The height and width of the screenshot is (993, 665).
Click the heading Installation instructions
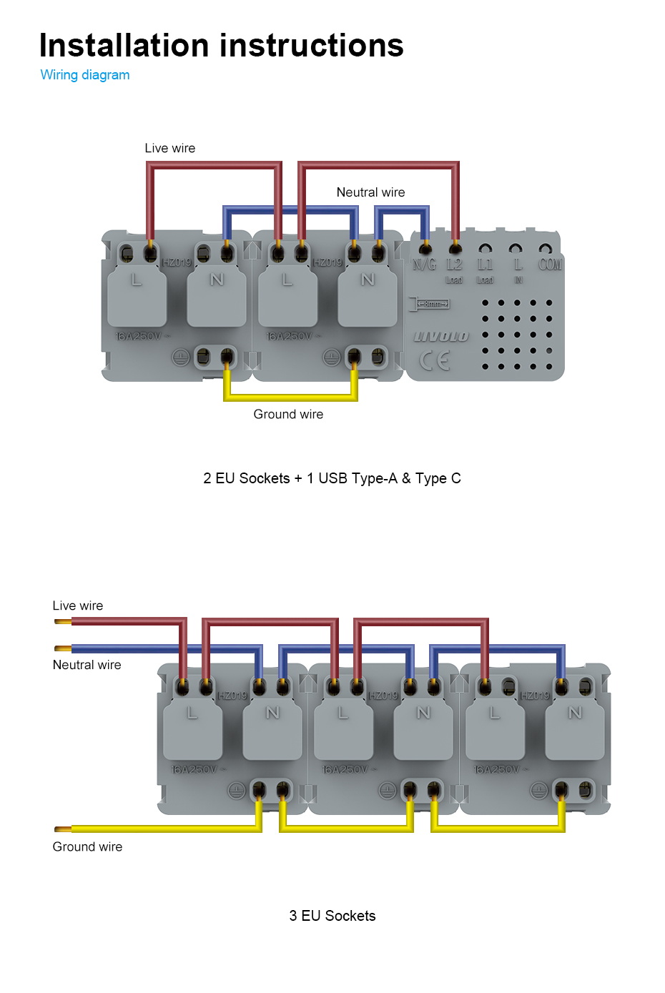pyautogui.click(x=221, y=45)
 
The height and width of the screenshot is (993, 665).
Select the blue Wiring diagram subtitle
pyautogui.click(x=85, y=75)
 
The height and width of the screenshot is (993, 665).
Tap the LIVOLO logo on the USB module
pyautogui.click(x=441, y=337)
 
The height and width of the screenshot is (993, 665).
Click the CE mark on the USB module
pyautogui.click(x=435, y=360)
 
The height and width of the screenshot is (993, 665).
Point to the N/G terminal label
pyautogui.click(x=424, y=265)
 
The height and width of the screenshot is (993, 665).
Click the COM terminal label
pyautogui.click(x=550, y=265)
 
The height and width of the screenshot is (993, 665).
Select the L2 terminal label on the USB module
pyautogui.click(x=454, y=265)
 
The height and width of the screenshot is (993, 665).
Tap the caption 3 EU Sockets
pyautogui.click(x=332, y=916)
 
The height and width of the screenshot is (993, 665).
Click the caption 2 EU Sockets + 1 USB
pyautogui.click(x=332, y=478)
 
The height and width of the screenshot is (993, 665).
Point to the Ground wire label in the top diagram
pyautogui.click(x=288, y=415)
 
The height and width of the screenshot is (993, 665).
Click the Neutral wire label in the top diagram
pyautogui.click(x=370, y=192)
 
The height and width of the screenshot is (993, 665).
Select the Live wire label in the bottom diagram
pyautogui.click(x=78, y=606)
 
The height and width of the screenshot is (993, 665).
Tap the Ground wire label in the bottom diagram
pyautogui.click(x=87, y=846)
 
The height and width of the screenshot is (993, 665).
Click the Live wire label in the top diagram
pyautogui.click(x=169, y=148)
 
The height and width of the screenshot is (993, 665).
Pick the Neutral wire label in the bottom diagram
pyautogui.click(x=87, y=665)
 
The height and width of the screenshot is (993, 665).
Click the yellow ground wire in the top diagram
pyautogui.click(x=290, y=397)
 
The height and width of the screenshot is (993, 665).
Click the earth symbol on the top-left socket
pyautogui.click(x=181, y=357)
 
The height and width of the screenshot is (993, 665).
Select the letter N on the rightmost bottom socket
pyautogui.click(x=575, y=713)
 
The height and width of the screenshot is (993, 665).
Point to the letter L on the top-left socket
pyautogui.click(x=136, y=280)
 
